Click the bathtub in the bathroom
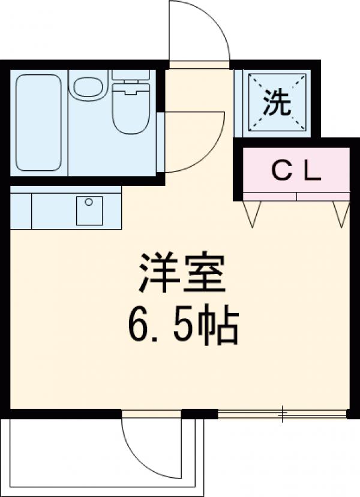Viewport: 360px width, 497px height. (38, 122)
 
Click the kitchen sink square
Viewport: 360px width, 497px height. (89, 210)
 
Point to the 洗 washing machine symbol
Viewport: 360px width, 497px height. (277, 103)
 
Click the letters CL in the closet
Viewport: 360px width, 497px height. (296, 173)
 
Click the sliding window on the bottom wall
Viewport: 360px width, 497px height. (282, 413)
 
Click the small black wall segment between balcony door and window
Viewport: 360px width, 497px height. (199, 413)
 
